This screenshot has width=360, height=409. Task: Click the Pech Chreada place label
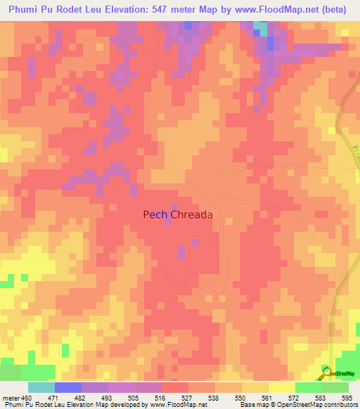(x=177, y=216)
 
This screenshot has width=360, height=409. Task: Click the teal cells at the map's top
(x=259, y=28)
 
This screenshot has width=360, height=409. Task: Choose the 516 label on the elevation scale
(x=161, y=398)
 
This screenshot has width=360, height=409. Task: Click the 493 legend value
(x=107, y=398)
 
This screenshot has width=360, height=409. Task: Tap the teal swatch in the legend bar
(x=41, y=387)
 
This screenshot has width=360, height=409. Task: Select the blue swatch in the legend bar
(x=68, y=387)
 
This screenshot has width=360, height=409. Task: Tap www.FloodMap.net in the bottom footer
(x=176, y=405)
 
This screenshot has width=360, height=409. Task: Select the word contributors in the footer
(x=340, y=405)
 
